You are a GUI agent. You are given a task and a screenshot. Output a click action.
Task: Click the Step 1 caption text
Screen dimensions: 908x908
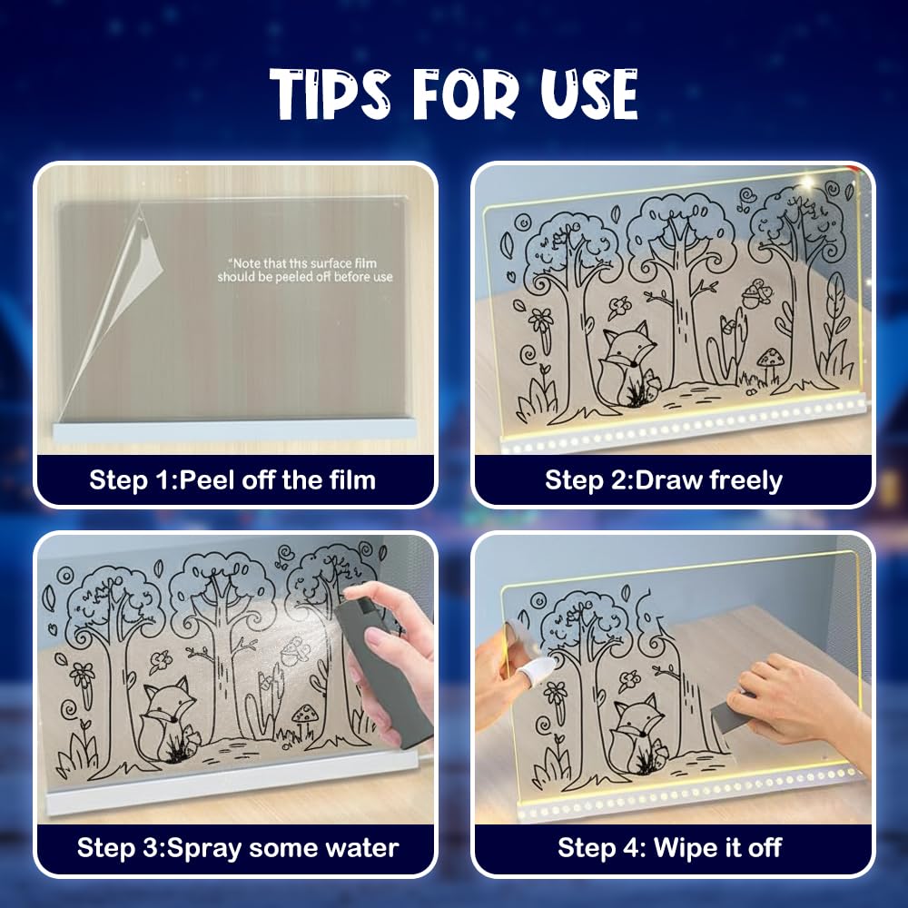232,480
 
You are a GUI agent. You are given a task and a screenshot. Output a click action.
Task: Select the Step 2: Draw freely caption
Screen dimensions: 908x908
664,480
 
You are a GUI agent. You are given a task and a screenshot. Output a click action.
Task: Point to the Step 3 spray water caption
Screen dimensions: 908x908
237,848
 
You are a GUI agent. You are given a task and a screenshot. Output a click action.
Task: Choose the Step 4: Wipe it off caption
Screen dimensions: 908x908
670,848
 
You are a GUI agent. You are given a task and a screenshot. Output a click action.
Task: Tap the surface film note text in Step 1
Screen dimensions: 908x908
305,271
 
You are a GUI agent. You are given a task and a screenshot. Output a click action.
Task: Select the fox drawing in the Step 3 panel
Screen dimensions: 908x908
168,718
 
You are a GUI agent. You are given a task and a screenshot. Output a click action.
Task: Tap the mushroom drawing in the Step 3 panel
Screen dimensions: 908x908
304,719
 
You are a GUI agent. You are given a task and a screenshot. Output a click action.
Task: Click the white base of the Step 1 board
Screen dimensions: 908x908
234,430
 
